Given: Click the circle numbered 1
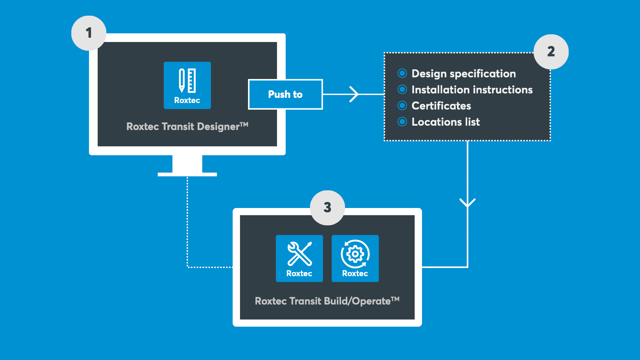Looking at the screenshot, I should pos(89,33).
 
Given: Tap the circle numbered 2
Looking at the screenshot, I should pos(551,52).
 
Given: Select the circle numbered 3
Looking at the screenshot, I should pos(327,208).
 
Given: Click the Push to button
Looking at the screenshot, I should pos(285,94).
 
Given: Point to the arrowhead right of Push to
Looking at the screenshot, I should pos(354,94).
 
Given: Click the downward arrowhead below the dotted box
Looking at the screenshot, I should pos(467,202).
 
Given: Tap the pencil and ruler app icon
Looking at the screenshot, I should pos(187,85).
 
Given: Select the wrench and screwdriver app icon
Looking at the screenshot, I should pos(299,258).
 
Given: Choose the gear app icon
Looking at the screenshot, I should pos(355,258).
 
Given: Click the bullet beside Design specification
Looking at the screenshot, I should pos(402,73).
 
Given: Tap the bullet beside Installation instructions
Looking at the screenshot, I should pos(402,89).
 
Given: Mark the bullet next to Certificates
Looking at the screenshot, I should pos(402,106).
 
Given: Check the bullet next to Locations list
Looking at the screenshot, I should pos(402,122).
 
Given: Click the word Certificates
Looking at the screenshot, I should pos(441,106).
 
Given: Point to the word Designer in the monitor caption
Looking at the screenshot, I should pos(218,127).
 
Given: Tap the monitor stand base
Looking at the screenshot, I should pos(187,174).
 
